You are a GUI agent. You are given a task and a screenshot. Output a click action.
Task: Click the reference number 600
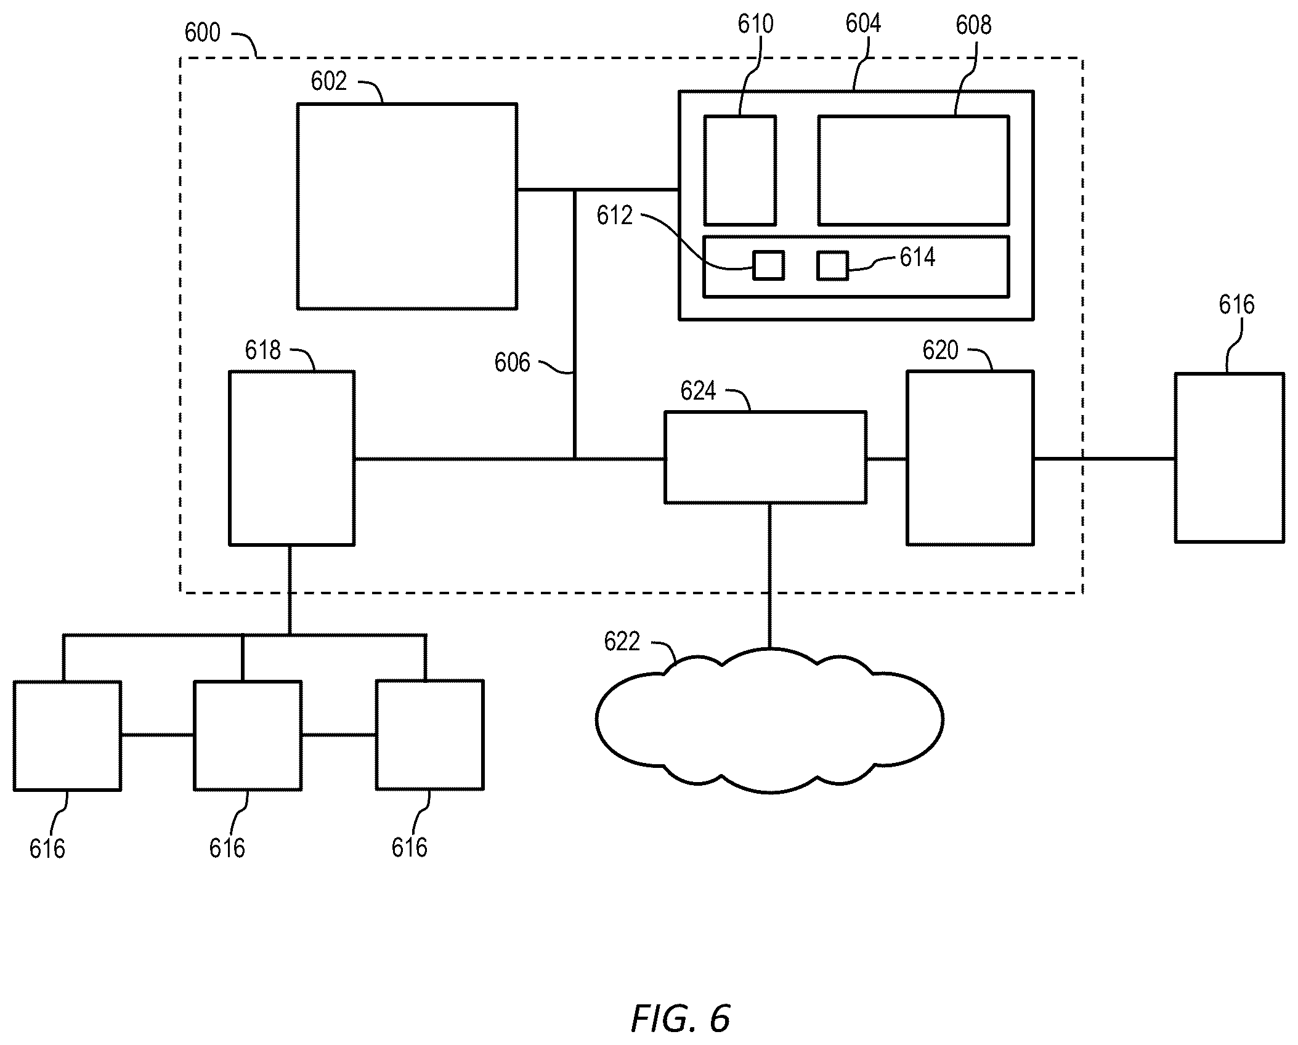coord(202,32)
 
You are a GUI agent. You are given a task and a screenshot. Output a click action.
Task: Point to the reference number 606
coord(512,363)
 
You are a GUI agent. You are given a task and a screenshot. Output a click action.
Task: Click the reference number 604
coord(863,23)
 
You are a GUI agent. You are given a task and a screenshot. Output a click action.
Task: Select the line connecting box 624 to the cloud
coord(769,576)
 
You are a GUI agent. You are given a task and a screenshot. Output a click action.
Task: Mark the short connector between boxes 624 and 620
coord(886,459)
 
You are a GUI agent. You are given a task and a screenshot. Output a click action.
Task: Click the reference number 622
coord(622,642)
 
